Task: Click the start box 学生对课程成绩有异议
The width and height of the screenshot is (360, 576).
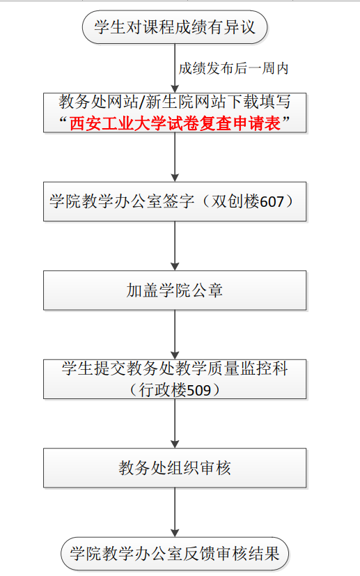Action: pos(175,27)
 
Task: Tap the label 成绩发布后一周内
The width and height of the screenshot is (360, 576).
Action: pos(234,68)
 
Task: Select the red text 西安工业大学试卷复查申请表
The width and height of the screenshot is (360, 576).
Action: pos(175,123)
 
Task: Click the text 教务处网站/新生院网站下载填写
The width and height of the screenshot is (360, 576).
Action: pos(175,102)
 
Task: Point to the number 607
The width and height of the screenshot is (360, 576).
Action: pos(272,202)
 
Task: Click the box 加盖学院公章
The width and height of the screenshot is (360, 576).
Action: pos(175,290)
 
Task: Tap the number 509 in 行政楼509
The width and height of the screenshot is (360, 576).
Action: pos(199,390)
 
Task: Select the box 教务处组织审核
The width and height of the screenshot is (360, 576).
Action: pos(175,468)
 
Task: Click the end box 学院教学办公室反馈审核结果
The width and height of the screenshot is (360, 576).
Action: pos(175,554)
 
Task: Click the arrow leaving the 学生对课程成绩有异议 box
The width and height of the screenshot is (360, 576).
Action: pos(175,68)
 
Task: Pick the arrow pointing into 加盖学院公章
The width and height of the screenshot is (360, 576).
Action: pos(175,246)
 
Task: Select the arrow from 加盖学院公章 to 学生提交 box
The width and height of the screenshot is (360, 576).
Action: pos(175,334)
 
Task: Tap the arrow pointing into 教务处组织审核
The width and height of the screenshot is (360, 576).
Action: pos(175,423)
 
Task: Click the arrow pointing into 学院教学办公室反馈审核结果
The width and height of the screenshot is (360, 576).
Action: pos(175,513)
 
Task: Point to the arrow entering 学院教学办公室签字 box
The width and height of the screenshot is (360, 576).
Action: pos(175,157)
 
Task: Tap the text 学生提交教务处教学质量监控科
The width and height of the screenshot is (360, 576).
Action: pos(175,368)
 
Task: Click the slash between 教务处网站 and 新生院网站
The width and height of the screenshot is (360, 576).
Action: pos(142,102)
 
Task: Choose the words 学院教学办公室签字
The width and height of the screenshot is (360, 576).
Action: pos(122,201)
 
